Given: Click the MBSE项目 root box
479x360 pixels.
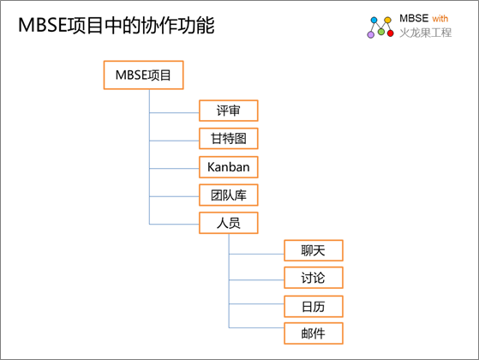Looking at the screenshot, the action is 144,75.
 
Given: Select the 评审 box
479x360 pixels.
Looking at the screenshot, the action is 229,111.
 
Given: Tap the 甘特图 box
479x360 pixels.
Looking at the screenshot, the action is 229,139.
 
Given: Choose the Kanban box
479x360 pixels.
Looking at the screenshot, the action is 229,167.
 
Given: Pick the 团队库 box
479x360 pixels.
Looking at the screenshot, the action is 229,195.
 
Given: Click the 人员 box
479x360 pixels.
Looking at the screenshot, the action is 229,223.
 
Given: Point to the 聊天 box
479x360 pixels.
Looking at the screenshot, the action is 314,250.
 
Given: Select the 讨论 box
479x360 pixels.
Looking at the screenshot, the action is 314,278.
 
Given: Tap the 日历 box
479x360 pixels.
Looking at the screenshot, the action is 314,306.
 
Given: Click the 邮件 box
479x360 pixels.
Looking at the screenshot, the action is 314,333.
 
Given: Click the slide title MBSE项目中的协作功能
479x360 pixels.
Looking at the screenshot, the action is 116,25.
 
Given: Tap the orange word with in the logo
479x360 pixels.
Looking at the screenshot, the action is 440,19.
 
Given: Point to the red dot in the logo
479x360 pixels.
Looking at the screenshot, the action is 390,33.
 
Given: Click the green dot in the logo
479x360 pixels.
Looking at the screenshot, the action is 381,32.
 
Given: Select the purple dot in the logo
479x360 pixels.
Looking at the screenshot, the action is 370,34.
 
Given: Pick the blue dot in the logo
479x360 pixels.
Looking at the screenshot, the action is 374,21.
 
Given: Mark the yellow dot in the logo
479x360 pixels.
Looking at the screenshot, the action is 387,21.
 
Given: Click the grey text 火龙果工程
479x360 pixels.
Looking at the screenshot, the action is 426,33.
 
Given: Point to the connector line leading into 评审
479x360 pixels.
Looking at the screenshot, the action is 174,113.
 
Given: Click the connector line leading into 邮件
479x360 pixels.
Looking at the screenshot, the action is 256,328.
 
